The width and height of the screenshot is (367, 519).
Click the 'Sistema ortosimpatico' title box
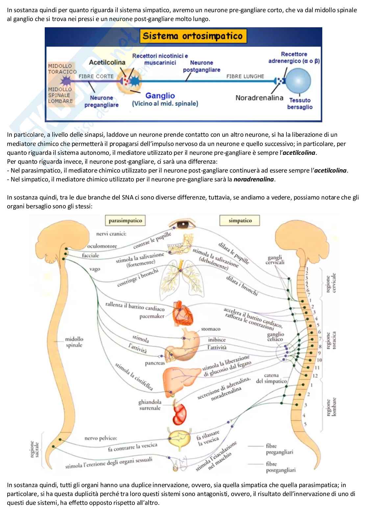192,36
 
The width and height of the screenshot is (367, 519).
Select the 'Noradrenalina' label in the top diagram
259,98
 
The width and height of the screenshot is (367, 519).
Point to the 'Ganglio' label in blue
160,96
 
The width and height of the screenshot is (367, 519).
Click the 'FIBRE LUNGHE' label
245,76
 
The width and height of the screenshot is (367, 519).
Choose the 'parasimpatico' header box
125,221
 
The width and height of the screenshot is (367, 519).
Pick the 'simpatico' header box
240,221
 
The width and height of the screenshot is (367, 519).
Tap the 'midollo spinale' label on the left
74,342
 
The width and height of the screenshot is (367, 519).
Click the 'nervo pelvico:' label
101,438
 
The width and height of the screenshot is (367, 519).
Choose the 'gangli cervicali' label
275,260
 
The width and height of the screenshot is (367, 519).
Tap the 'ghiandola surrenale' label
150,405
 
